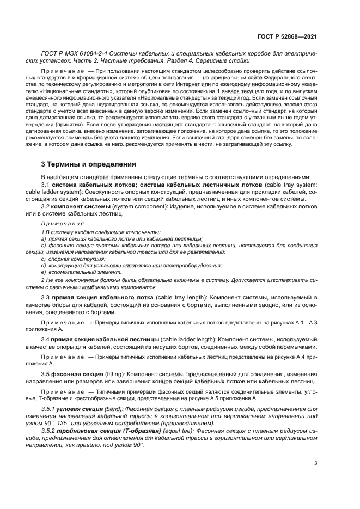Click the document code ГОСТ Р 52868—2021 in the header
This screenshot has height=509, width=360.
point(286,36)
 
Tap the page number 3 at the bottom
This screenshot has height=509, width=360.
point(316,464)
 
